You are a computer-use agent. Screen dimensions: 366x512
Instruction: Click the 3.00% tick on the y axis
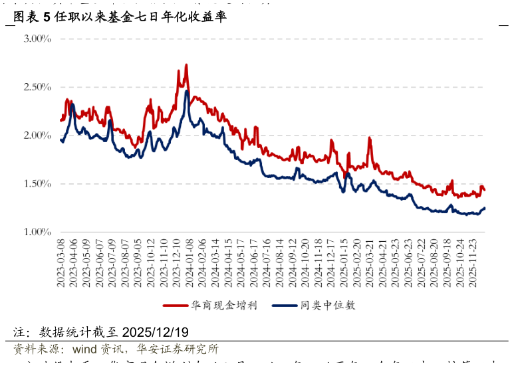coord(37,39)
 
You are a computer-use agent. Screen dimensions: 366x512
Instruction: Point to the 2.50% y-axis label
coord(37,87)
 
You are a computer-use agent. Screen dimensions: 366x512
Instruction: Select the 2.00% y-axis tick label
coord(37,136)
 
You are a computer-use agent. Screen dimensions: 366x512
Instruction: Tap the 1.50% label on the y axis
coord(37,184)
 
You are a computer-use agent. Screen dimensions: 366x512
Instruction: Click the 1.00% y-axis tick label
coord(37,232)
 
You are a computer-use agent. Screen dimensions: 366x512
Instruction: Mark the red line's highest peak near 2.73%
coord(186,65)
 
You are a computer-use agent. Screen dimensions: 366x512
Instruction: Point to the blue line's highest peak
coord(187,91)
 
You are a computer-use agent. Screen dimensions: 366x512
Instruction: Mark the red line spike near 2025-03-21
coord(369,138)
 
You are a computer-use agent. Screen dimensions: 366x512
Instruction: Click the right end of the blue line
coord(485,208)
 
